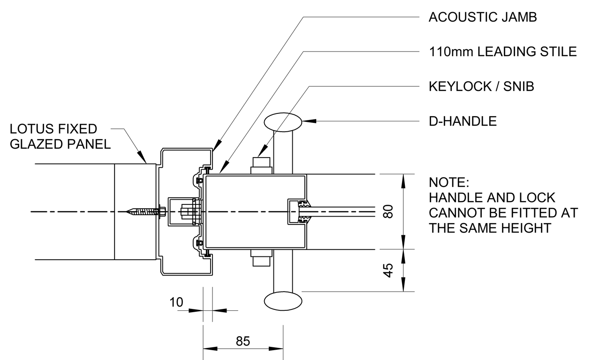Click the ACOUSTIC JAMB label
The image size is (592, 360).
click(483, 17)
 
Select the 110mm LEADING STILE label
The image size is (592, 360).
click(503, 52)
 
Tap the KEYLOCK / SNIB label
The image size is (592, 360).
click(481, 87)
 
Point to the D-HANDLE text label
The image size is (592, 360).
click(463, 121)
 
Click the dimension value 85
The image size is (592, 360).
click(243, 341)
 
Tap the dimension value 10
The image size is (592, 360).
click(177, 302)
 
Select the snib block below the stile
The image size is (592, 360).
click(262, 258)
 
